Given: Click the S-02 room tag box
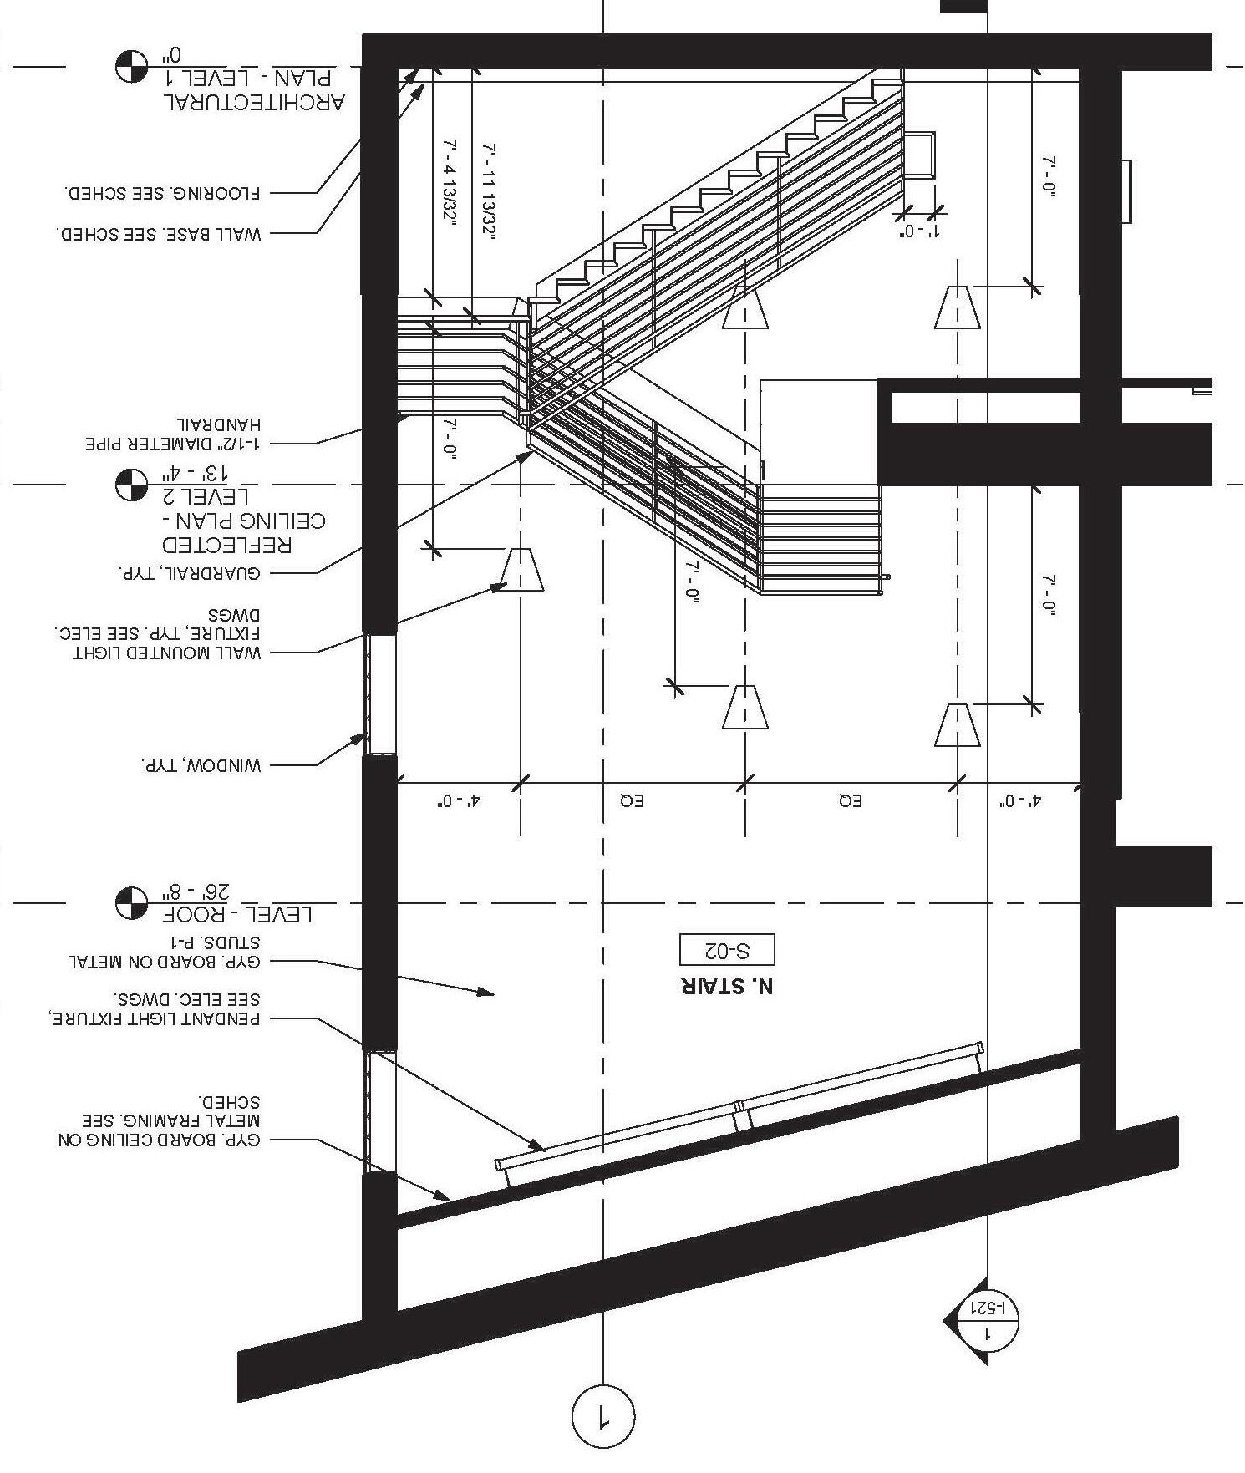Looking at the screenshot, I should click(x=727, y=950).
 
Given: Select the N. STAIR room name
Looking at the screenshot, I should click(x=727, y=986).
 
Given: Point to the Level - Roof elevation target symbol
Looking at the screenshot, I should click(x=131, y=902).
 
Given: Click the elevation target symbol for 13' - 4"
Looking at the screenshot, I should click(x=131, y=485).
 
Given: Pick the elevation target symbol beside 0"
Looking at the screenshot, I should click(x=131, y=67).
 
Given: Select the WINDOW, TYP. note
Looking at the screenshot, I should click(x=201, y=765).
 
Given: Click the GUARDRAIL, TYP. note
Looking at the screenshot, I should click(x=189, y=574).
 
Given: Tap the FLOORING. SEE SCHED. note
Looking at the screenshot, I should click(x=164, y=193).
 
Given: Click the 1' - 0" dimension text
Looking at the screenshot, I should click(x=918, y=231).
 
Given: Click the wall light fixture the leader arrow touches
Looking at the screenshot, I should click(x=522, y=570).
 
